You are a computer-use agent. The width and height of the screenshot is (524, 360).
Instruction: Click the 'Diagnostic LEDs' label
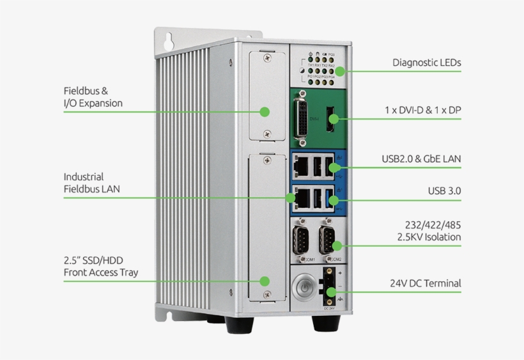point(426,63)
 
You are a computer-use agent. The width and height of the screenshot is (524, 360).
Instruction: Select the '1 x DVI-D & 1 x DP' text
point(422,110)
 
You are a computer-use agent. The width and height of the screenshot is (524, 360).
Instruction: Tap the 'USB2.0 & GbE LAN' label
point(421,159)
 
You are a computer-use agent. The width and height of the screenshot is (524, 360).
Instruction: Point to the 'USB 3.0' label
point(444,191)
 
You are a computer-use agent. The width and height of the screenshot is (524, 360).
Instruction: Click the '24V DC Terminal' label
point(425,283)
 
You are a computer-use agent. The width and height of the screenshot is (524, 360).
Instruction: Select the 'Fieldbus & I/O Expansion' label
point(93,97)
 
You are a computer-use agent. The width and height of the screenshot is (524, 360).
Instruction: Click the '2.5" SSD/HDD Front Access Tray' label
point(100,267)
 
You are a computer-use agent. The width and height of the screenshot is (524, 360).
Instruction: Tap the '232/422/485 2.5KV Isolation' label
point(433,231)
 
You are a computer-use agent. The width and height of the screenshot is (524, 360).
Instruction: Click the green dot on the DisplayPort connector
point(332,118)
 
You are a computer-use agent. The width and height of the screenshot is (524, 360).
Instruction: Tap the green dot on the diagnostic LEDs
point(341,71)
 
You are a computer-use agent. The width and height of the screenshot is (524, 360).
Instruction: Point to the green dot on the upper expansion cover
point(264,112)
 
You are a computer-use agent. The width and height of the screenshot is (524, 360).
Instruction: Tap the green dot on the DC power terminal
point(330,292)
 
